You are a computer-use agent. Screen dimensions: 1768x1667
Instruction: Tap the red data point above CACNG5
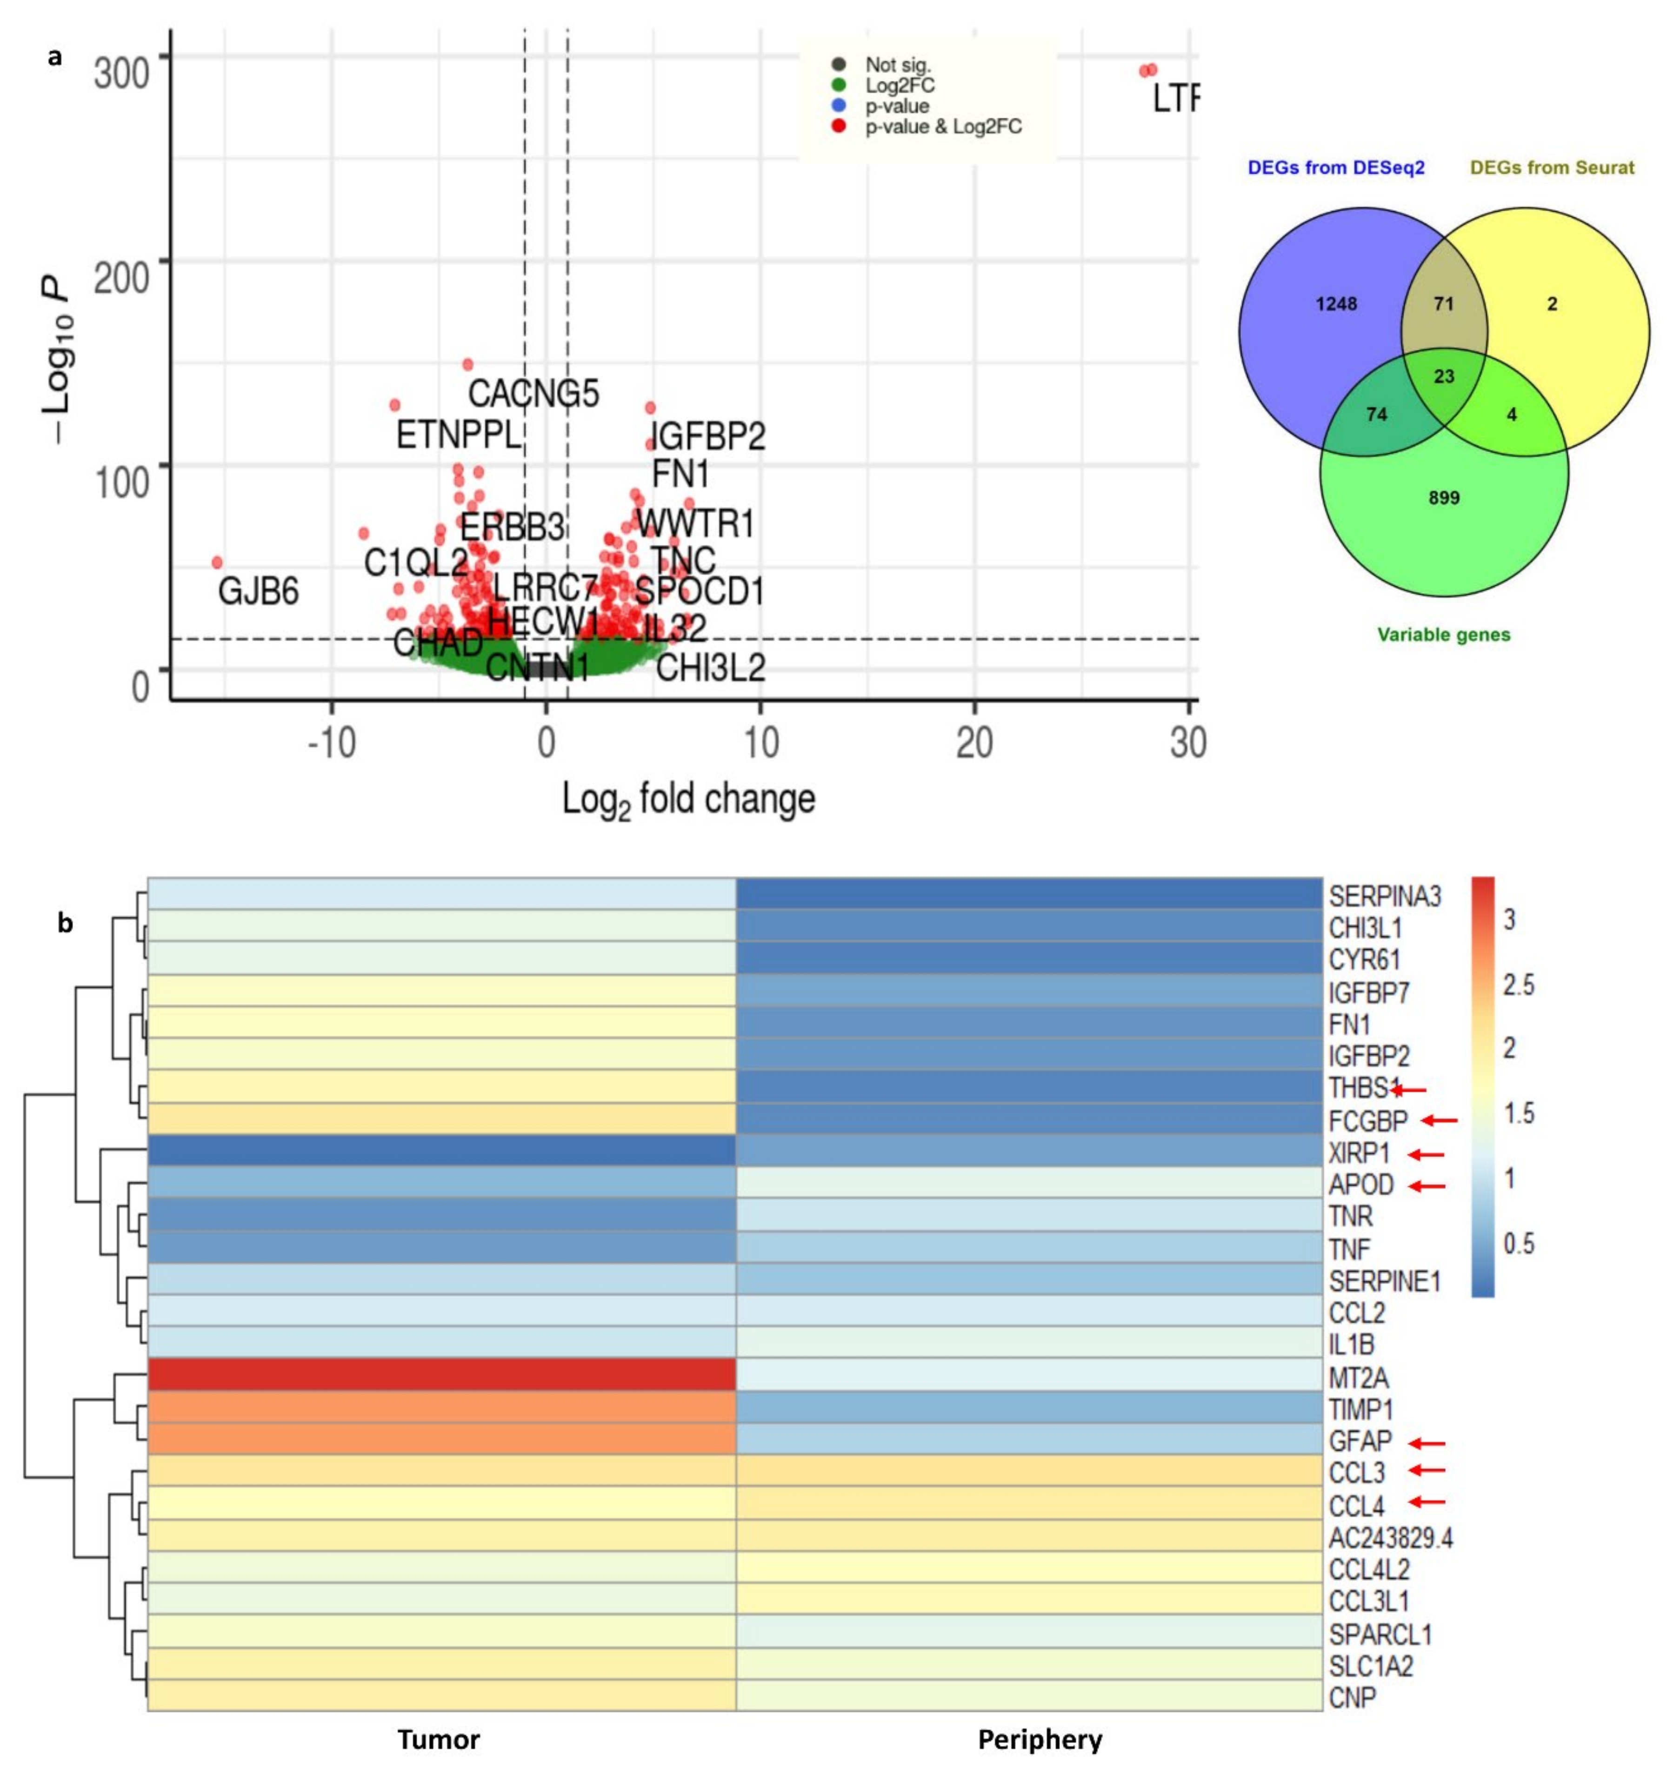point(467,365)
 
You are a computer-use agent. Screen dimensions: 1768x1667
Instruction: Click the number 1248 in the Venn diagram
point(1336,304)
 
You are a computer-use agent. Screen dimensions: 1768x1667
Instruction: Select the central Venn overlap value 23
point(1444,376)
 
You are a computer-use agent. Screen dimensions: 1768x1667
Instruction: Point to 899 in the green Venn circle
point(1444,498)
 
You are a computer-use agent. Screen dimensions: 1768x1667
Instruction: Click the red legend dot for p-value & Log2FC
point(838,126)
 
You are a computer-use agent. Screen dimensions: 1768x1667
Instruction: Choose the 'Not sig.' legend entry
point(898,65)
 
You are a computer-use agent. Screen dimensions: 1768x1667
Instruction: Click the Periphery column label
point(1040,1740)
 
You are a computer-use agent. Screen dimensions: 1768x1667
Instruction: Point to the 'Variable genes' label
point(1444,635)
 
